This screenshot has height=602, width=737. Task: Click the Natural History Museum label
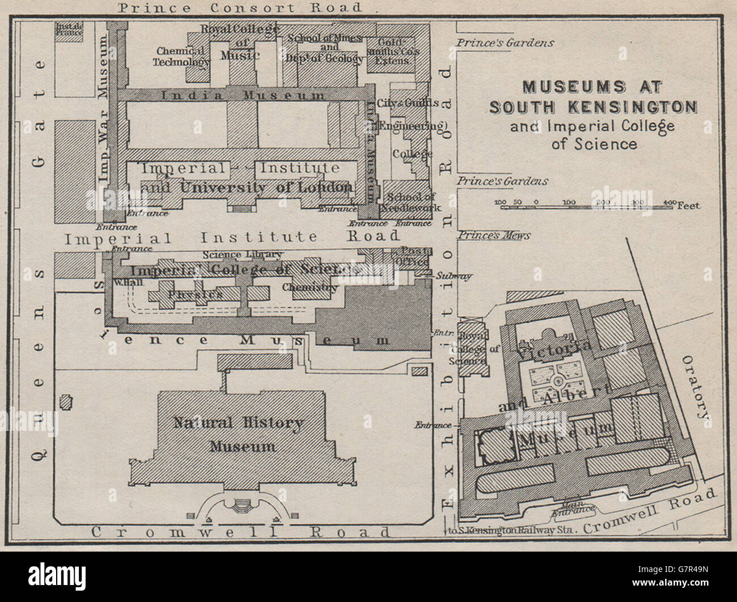click(239, 434)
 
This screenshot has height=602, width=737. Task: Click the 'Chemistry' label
click(310, 287)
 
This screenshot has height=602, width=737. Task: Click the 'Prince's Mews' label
click(494, 235)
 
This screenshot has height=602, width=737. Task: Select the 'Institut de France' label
click(69, 29)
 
